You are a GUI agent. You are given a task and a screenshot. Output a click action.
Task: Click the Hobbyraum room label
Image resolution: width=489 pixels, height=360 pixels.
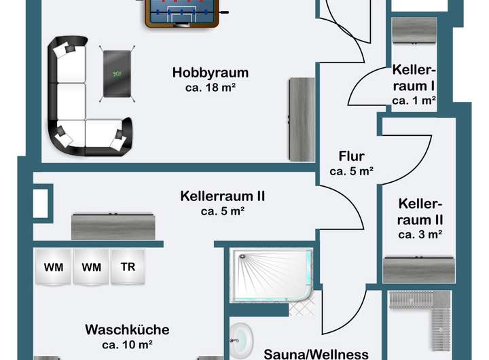tap(210, 73)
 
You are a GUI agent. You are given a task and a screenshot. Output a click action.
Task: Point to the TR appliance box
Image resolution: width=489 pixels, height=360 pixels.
tap(128, 267)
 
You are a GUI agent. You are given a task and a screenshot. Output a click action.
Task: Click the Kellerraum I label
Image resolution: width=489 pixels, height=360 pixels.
tap(413, 77)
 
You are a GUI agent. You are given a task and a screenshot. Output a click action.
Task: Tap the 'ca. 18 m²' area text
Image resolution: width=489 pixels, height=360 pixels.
tap(210, 88)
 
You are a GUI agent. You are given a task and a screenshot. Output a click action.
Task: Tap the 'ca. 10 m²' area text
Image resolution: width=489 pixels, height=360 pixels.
tap(127, 344)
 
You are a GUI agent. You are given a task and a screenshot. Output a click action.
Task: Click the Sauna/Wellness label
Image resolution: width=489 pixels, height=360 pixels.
tap(316, 354)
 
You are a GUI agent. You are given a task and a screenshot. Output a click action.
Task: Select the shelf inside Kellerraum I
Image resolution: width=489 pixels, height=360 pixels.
tap(414, 30)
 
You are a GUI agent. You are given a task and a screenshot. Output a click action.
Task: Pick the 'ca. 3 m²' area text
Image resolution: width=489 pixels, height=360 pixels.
tap(420, 235)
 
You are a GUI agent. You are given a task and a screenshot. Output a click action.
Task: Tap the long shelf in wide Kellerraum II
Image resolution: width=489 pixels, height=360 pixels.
tap(113, 225)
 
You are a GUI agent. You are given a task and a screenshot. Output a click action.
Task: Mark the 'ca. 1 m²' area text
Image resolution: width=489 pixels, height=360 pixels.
tap(414, 100)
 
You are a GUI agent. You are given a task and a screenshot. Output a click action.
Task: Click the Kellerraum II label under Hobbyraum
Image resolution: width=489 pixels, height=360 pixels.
tap(222, 196)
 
